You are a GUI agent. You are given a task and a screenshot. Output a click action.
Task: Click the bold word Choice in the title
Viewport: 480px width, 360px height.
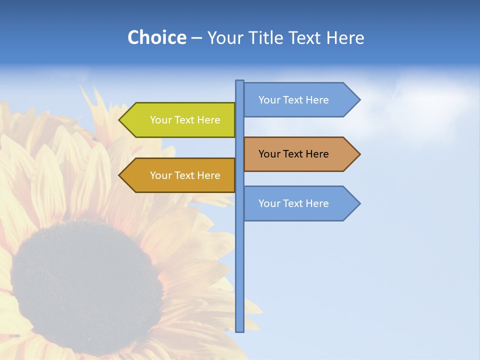click(x=156, y=37)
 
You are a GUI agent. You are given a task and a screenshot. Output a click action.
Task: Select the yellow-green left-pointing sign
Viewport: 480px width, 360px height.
click(x=180, y=120)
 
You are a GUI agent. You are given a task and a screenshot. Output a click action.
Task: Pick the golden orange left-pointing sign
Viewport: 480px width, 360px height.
click(x=180, y=175)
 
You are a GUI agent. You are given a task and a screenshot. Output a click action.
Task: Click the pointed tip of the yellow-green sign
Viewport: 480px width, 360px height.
click(x=120, y=120)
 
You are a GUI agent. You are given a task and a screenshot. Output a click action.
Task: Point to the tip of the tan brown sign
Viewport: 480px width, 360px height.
click(x=359, y=154)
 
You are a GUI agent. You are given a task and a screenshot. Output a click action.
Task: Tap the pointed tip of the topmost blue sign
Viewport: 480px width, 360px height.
click(x=359, y=100)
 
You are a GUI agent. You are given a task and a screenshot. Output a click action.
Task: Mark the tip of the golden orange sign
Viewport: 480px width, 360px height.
click(x=120, y=175)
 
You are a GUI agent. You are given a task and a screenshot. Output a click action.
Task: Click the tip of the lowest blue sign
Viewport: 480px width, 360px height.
click(x=359, y=203)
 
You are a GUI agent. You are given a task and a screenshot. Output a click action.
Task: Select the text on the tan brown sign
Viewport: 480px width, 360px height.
click(x=293, y=154)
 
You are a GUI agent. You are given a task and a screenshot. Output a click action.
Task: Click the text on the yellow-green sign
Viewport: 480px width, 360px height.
click(x=185, y=120)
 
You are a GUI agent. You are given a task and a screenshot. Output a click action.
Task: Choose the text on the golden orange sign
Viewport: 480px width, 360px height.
click(x=185, y=175)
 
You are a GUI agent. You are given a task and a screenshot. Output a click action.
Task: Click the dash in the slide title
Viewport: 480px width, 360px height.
click(x=196, y=38)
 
